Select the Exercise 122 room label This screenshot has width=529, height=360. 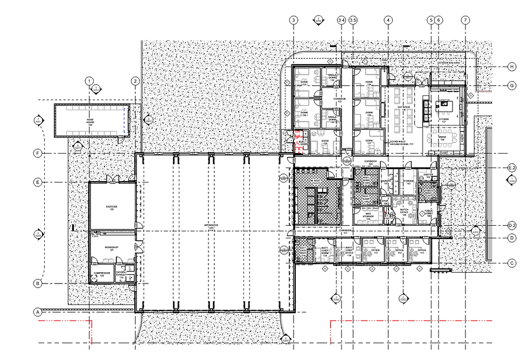[x=112, y=207]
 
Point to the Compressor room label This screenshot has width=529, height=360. [x=101, y=274]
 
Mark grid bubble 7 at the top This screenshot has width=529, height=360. [x=465, y=20]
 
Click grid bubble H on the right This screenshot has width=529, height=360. [x=512, y=67]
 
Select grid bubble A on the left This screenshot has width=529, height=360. [x=38, y=311]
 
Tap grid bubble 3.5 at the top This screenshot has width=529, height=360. [x=353, y=20]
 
